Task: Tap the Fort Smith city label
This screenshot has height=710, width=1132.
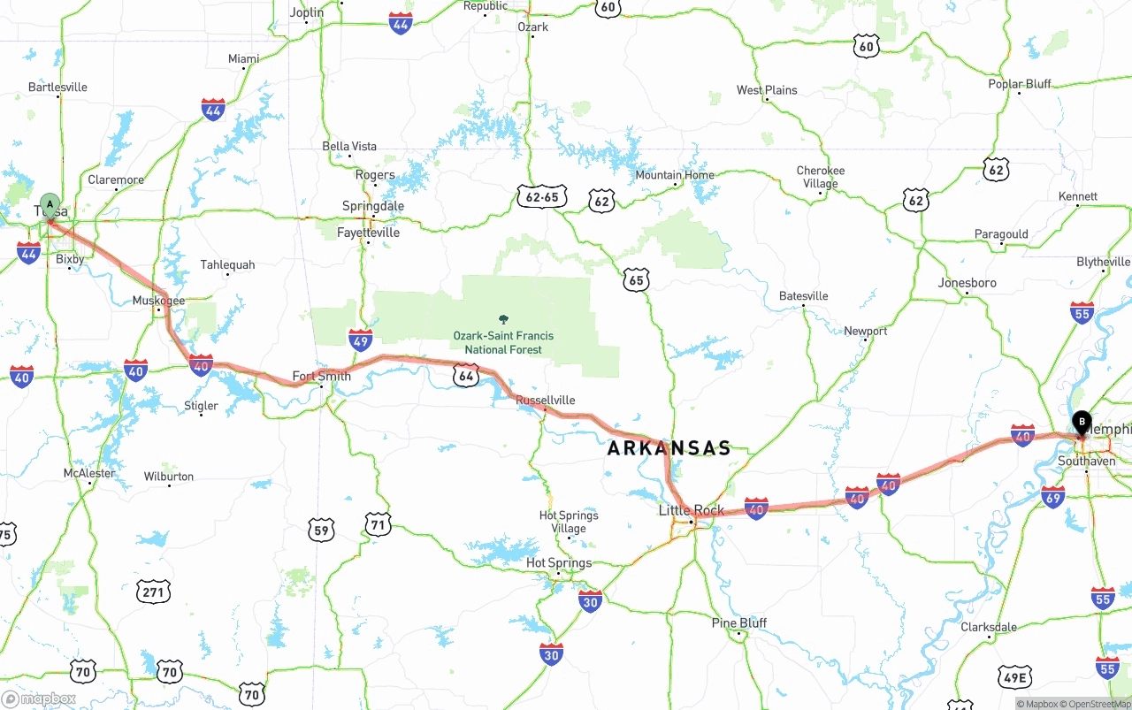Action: coord(322,376)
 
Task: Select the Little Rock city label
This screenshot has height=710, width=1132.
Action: coord(691,510)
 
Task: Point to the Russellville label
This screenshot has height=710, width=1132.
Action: coord(545,400)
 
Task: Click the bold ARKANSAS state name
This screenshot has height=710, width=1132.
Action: coord(669,448)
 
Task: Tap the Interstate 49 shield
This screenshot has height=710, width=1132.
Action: coord(360,340)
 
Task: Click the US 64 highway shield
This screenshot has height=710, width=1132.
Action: coord(467,376)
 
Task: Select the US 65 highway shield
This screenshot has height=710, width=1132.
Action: coord(636,281)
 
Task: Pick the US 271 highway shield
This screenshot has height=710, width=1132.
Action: coord(154,592)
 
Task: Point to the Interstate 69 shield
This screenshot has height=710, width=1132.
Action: coord(1052,497)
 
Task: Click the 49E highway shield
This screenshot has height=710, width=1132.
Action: coord(1013,678)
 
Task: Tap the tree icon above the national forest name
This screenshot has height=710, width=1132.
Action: coord(504,319)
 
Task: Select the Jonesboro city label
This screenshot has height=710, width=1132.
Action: coord(967,283)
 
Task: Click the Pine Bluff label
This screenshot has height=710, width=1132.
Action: coord(739,622)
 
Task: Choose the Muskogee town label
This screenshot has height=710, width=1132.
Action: coord(158,301)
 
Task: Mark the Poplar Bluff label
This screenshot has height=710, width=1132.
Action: coord(1020,84)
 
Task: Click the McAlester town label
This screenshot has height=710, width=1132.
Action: coord(89,473)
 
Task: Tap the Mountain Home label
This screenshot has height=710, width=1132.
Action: coord(674,175)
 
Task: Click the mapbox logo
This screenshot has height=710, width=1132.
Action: coord(39,699)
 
